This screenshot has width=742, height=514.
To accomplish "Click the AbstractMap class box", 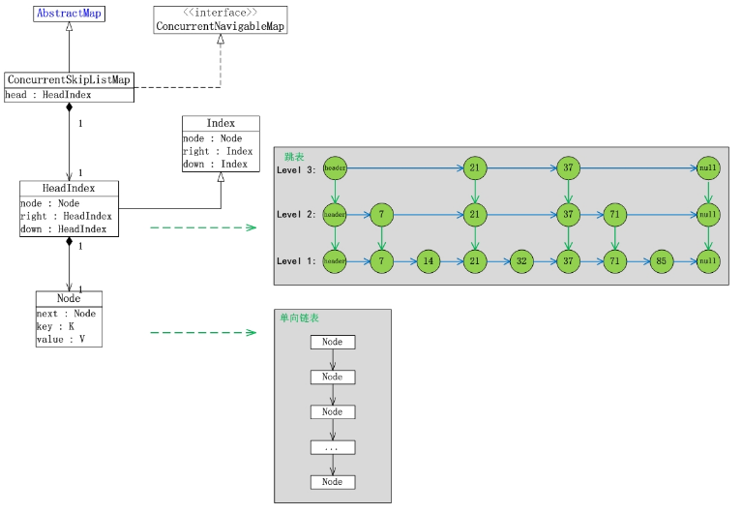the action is (69, 14).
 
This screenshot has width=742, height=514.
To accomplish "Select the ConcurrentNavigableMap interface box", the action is (220, 20).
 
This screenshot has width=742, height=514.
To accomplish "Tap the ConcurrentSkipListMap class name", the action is (69, 79).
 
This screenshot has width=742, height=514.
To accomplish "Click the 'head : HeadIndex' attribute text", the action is (47, 95).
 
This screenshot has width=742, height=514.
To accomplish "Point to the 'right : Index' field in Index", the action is (218, 151).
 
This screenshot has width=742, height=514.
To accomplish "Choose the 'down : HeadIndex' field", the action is (63, 229).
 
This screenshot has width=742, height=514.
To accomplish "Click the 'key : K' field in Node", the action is (55, 326).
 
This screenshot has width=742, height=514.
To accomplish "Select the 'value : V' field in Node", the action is (61, 339).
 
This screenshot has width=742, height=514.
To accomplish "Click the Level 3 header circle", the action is (335, 168).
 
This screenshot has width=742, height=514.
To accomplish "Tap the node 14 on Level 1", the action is (429, 261).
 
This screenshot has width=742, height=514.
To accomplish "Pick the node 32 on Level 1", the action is (521, 261).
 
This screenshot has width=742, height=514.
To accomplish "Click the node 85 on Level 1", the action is (662, 261).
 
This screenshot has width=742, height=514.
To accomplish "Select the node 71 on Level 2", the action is (614, 214).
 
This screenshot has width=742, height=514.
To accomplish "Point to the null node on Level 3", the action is (708, 168).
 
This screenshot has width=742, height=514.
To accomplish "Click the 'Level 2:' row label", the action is (296, 214).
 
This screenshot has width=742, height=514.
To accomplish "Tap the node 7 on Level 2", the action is (381, 214).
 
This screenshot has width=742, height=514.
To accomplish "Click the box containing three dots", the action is (333, 447).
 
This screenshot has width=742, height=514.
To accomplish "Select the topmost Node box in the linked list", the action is (333, 342).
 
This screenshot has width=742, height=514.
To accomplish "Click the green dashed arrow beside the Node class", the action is (203, 332).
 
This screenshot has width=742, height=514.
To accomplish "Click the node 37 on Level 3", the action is (568, 168).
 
